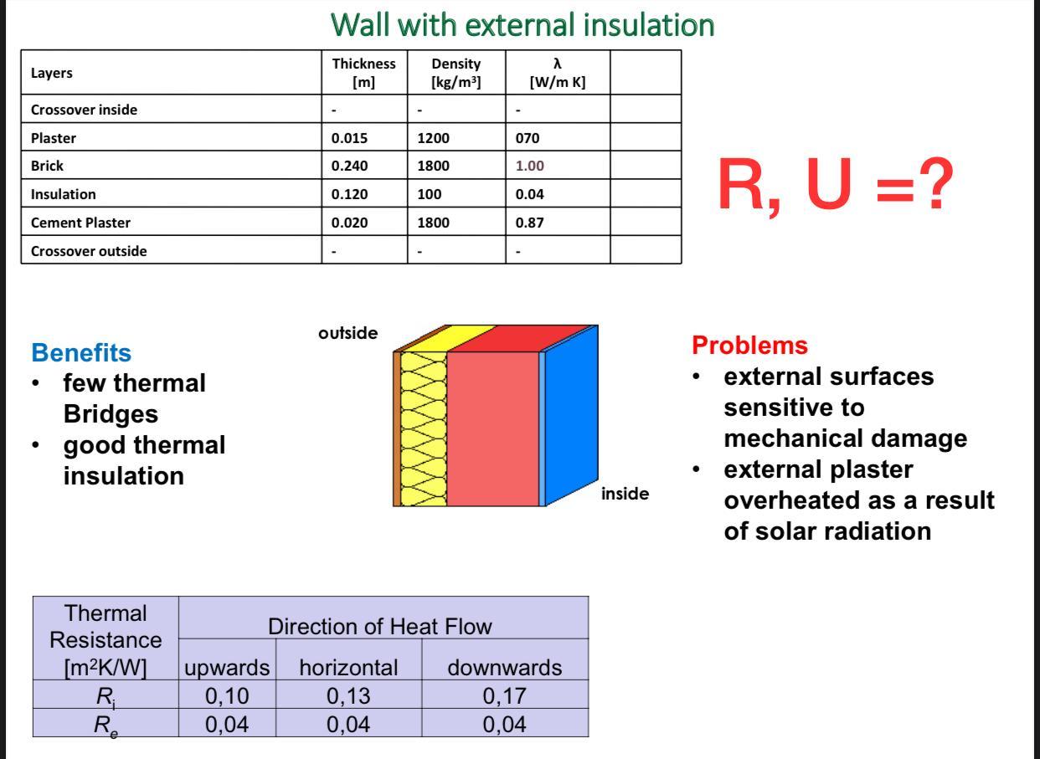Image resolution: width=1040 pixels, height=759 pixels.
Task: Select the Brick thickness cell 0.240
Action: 349,166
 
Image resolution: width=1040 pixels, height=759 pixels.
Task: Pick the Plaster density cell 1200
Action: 433,138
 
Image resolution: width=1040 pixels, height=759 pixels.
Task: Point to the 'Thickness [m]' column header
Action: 363,72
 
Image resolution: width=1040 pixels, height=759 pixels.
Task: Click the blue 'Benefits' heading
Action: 80,352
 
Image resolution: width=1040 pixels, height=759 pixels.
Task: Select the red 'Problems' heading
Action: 749,345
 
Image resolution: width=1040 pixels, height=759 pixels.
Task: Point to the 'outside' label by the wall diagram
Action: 348,333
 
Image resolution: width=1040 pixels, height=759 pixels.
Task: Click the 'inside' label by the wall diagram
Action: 625,494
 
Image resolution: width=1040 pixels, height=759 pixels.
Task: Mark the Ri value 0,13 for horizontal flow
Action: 348,695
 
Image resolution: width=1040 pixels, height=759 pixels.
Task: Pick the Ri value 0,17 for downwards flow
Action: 504,695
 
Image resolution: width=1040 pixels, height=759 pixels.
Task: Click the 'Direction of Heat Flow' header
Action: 379,626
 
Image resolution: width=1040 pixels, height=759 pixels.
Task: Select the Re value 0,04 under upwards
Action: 227,723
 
